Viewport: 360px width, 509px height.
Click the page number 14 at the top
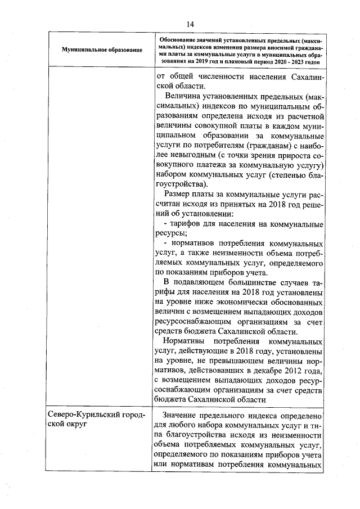point(190,24)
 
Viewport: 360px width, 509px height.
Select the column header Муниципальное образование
point(102,50)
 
